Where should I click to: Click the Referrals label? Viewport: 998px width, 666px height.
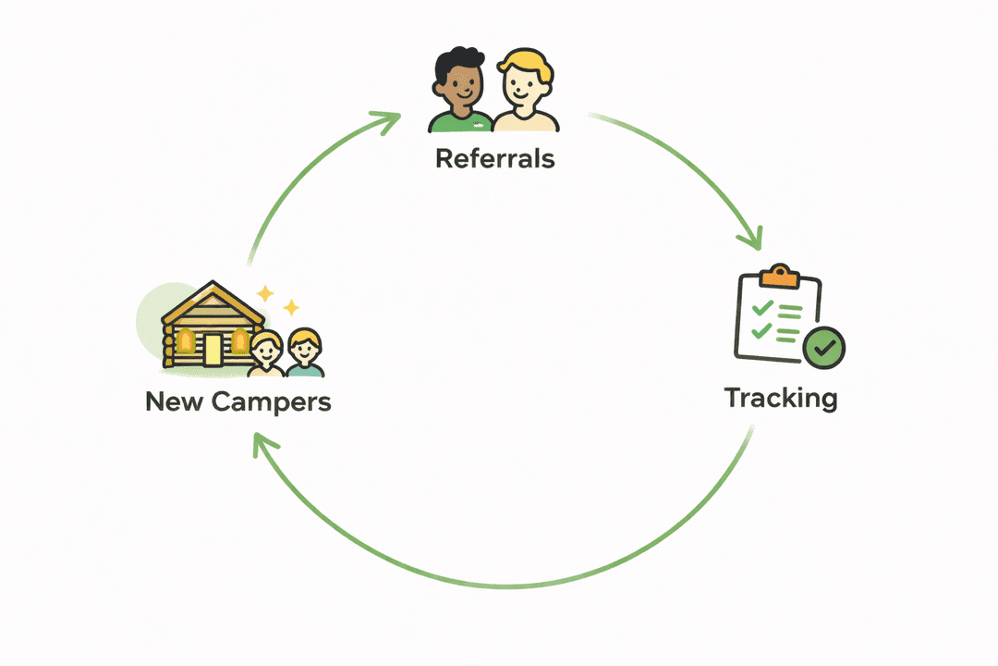pos(494,158)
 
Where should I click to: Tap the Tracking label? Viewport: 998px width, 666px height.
pos(781,398)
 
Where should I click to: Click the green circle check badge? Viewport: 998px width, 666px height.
pos(823,348)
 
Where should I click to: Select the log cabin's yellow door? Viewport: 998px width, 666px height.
pos(213,349)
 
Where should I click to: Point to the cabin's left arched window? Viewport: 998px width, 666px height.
pos(186,342)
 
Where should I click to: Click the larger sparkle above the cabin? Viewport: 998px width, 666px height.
pos(265,293)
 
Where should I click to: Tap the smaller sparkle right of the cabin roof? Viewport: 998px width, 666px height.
pos(291,307)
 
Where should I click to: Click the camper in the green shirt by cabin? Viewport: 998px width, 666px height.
pos(304,354)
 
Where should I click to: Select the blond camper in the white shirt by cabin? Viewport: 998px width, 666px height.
pos(266,355)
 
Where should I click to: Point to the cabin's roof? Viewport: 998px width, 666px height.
pos(213,301)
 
